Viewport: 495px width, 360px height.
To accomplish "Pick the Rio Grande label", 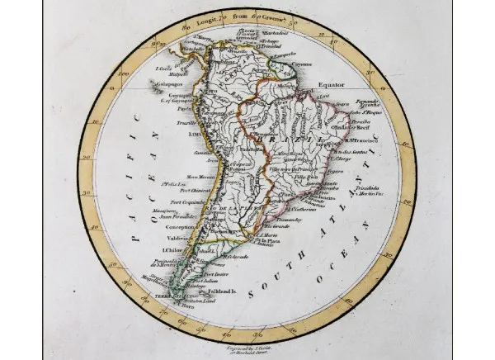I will pos(290,225).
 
